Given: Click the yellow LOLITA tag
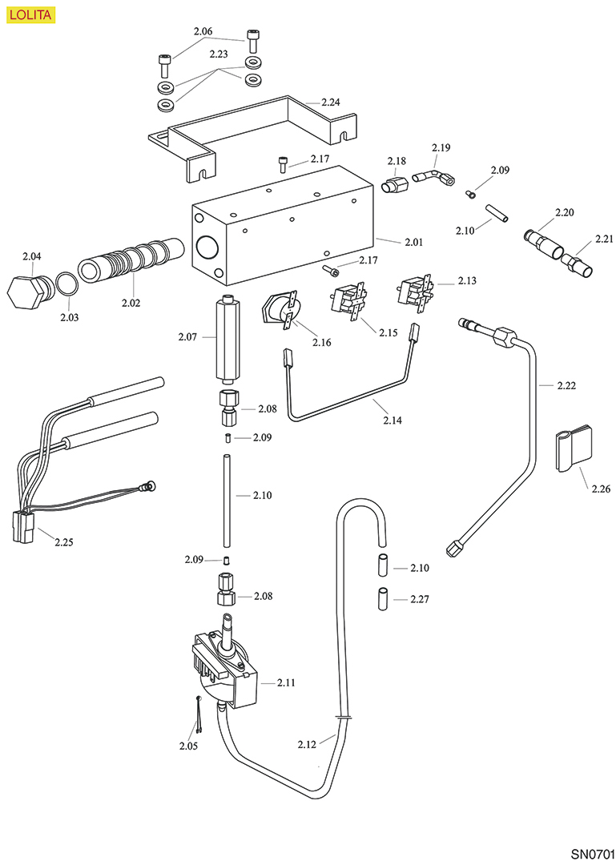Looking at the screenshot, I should pyautogui.click(x=31, y=14).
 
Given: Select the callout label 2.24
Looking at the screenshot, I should pyautogui.click(x=331, y=103).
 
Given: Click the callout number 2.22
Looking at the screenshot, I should pyautogui.click(x=566, y=385).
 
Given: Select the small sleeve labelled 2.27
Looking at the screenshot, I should pyautogui.click(x=383, y=598).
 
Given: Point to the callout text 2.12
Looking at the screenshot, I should pyautogui.click(x=308, y=744).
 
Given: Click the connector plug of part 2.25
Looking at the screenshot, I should pyautogui.click(x=24, y=527).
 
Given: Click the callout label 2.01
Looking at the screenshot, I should pyautogui.click(x=413, y=242).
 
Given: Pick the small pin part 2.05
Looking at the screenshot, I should pyautogui.click(x=198, y=713).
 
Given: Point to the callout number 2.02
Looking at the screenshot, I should pyautogui.click(x=131, y=303).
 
